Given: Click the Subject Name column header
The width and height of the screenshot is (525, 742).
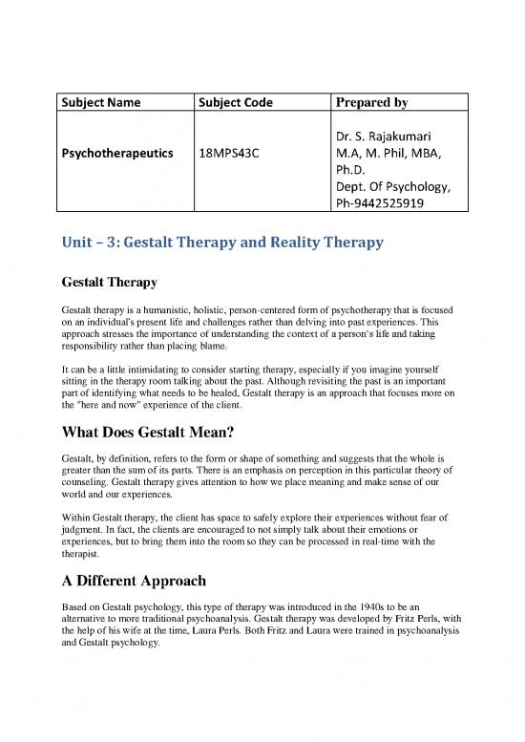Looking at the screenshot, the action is pyautogui.click(x=101, y=103).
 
